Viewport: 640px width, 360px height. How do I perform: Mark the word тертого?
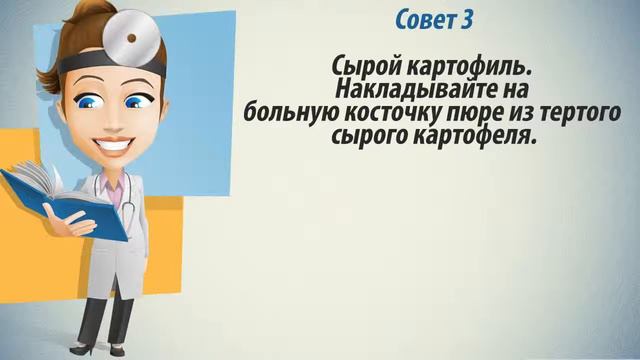570,112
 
